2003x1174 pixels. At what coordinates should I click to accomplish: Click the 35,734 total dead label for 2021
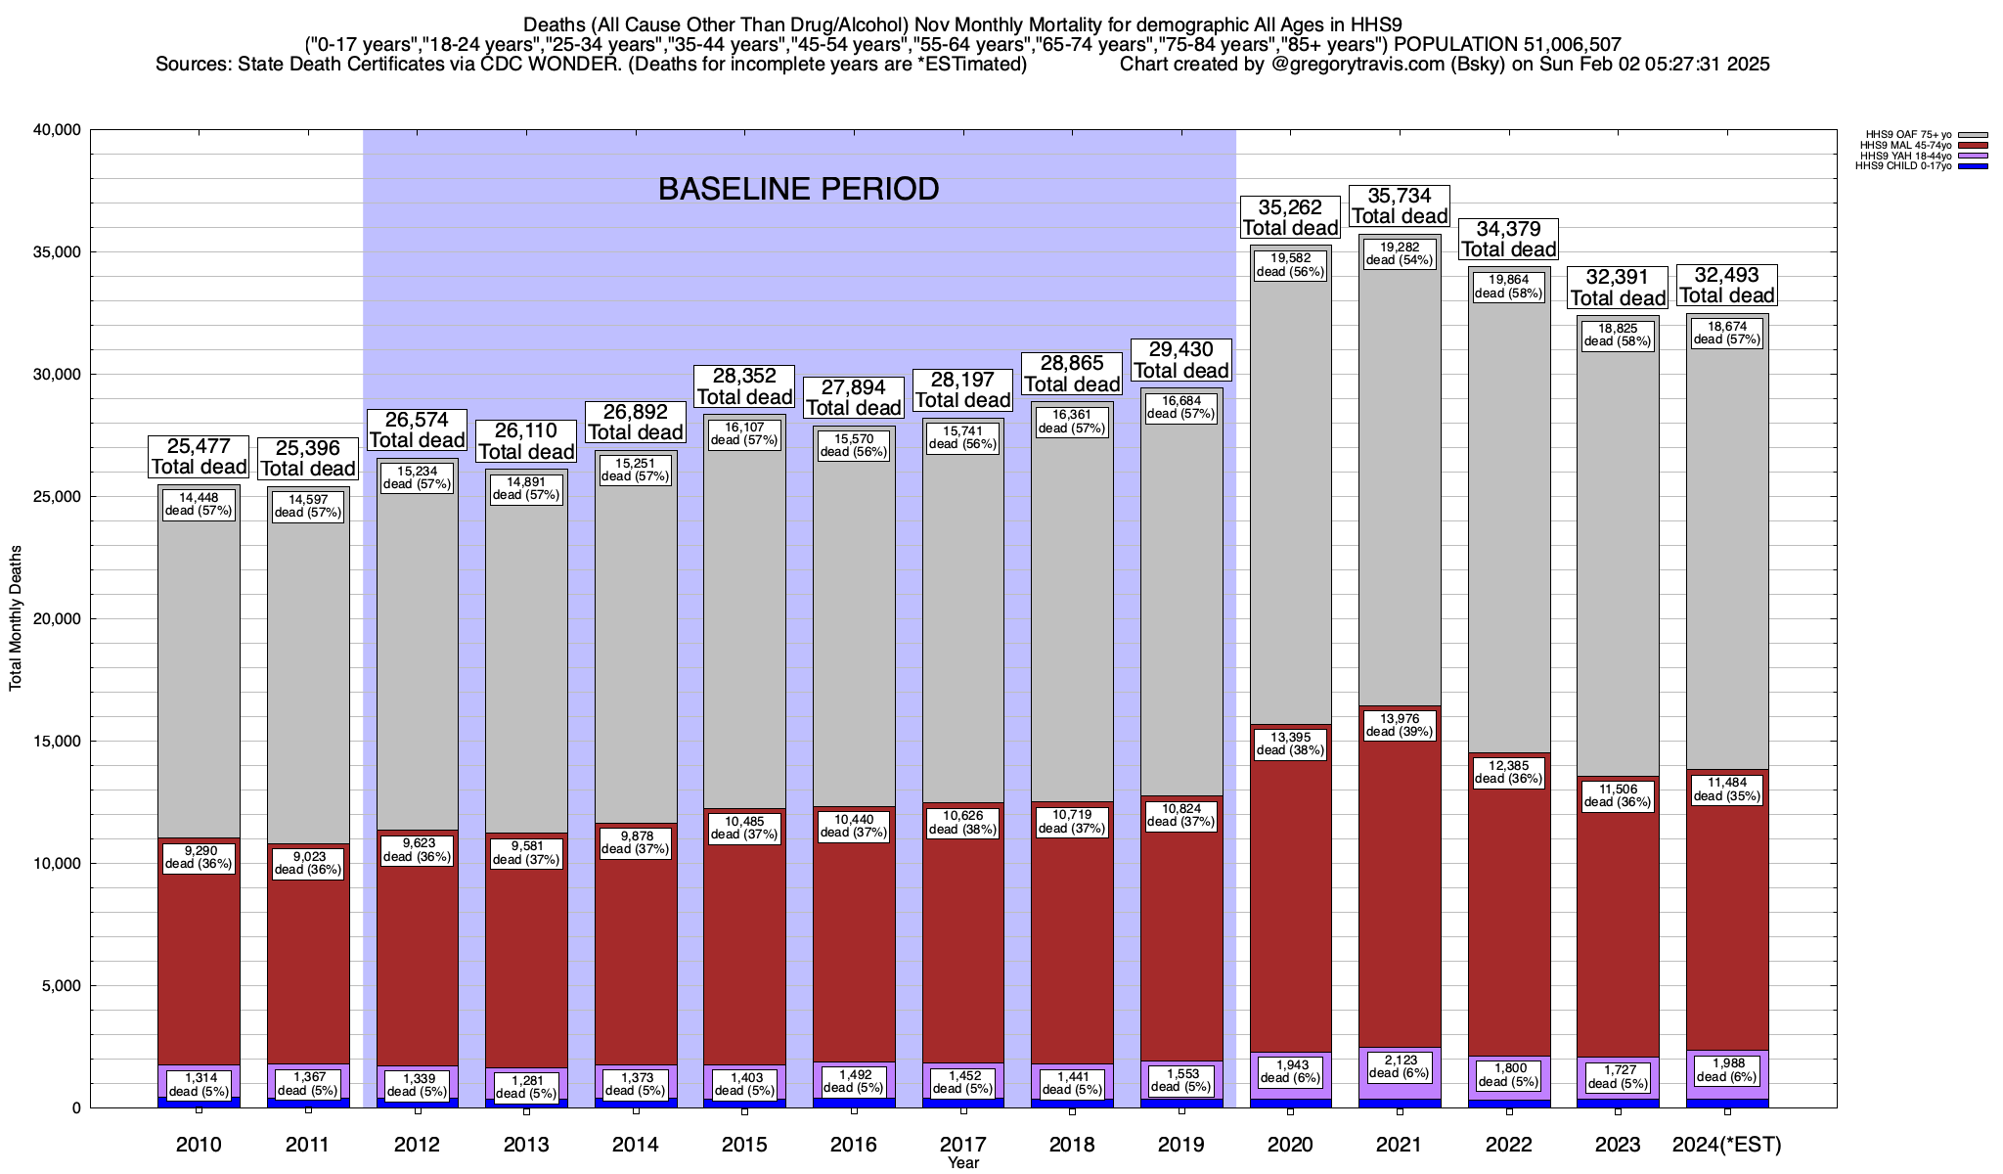[x=1400, y=206]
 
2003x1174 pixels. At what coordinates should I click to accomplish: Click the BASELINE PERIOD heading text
[x=798, y=189]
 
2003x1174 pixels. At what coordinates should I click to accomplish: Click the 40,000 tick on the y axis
[x=58, y=130]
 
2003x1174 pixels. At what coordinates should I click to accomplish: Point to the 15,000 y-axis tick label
[x=58, y=742]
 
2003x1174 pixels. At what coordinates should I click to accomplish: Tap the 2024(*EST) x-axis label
[x=1727, y=1145]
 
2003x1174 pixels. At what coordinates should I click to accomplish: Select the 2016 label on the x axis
[x=854, y=1145]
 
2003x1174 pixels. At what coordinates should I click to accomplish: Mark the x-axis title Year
[x=963, y=1163]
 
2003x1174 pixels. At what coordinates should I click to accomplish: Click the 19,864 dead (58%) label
[x=1508, y=286]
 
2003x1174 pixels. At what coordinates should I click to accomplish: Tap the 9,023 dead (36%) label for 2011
[x=308, y=863]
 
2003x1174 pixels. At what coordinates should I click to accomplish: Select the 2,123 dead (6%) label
[x=1400, y=1065]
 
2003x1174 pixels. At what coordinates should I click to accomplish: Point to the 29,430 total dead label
[x=1180, y=360]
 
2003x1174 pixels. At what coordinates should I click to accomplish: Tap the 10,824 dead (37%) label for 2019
[x=1180, y=815]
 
